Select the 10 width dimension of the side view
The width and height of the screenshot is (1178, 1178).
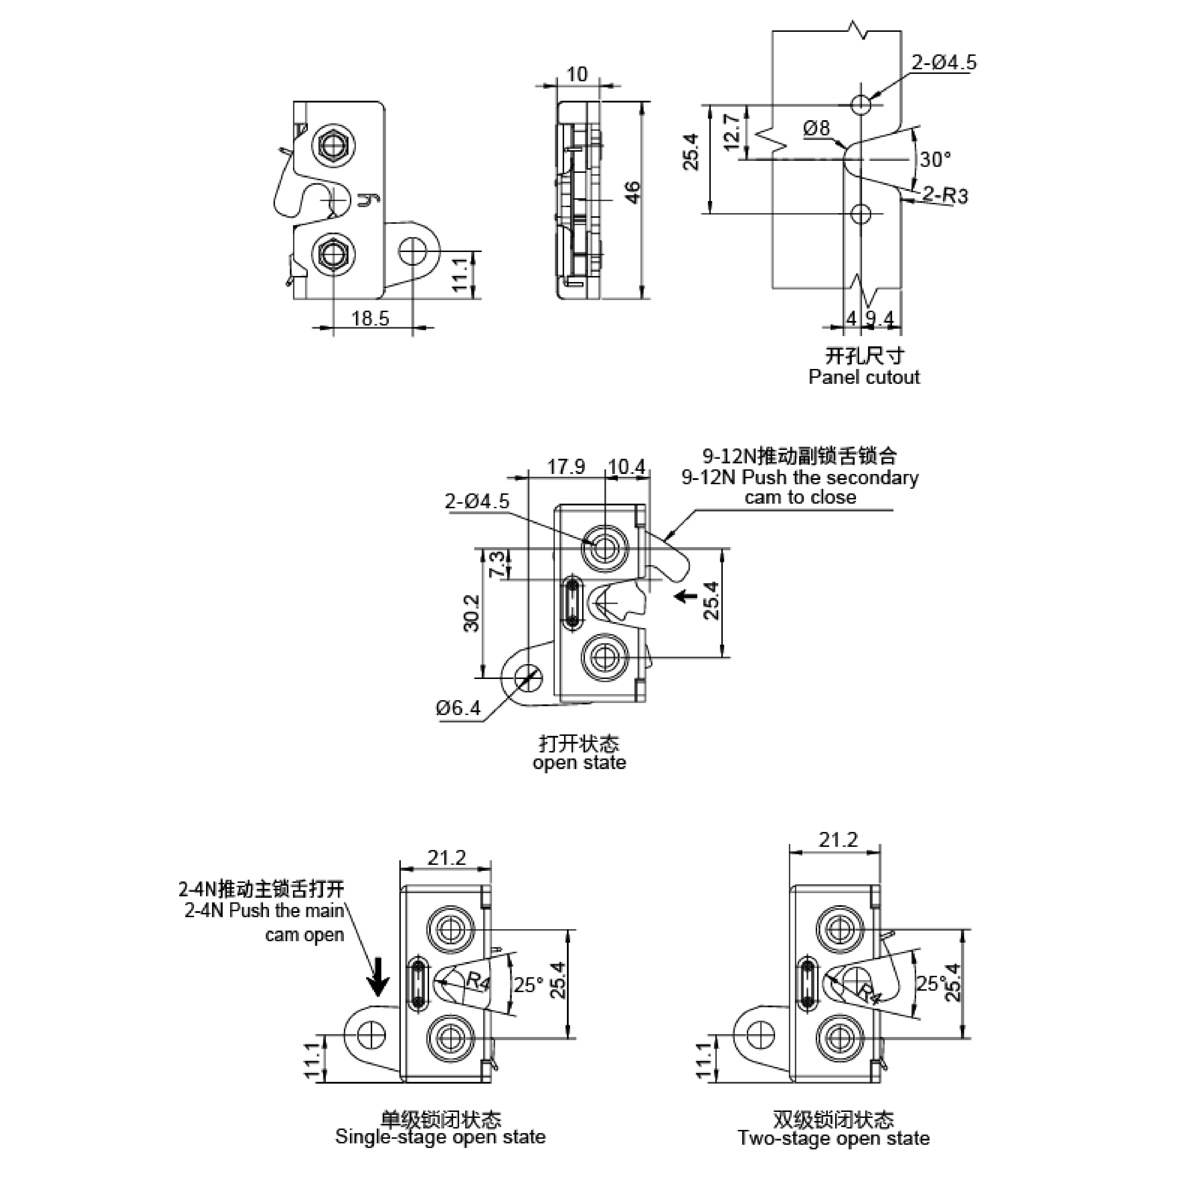577,74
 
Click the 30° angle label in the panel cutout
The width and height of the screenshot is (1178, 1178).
935,160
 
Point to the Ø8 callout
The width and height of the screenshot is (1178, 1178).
816,129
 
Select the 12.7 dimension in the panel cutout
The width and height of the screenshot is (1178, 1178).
733,127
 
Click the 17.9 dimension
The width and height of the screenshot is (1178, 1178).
566,467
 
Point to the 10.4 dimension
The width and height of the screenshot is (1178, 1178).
626,467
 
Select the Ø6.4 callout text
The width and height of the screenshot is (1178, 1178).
458,708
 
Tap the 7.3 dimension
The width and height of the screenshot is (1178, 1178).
497,564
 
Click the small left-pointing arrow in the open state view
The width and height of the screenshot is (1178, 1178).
687,595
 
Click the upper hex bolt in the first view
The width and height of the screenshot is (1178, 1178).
334,145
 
